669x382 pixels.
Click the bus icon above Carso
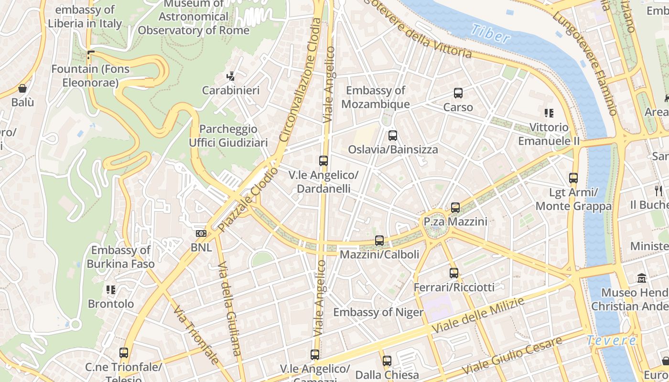[458, 93]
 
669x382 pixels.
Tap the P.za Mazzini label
[455, 222]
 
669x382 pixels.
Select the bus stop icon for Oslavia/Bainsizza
[392, 136]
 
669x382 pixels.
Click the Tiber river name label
[490, 33]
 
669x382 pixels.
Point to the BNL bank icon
[201, 233]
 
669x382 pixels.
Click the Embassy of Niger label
[378, 312]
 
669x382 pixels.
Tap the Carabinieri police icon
[231, 76]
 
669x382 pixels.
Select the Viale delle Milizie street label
[478, 316]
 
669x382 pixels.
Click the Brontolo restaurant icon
[111, 290]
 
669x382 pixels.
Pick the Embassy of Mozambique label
[376, 97]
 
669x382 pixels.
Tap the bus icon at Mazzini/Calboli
[379, 241]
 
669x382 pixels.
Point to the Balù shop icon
[22, 88]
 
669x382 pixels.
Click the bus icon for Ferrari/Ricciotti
[454, 273]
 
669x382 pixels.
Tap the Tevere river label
[611, 340]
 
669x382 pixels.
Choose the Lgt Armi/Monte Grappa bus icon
[573, 178]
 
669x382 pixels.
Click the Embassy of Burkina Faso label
[120, 257]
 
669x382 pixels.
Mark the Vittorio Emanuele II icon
[549, 113]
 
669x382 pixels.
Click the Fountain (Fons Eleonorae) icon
[91, 55]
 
